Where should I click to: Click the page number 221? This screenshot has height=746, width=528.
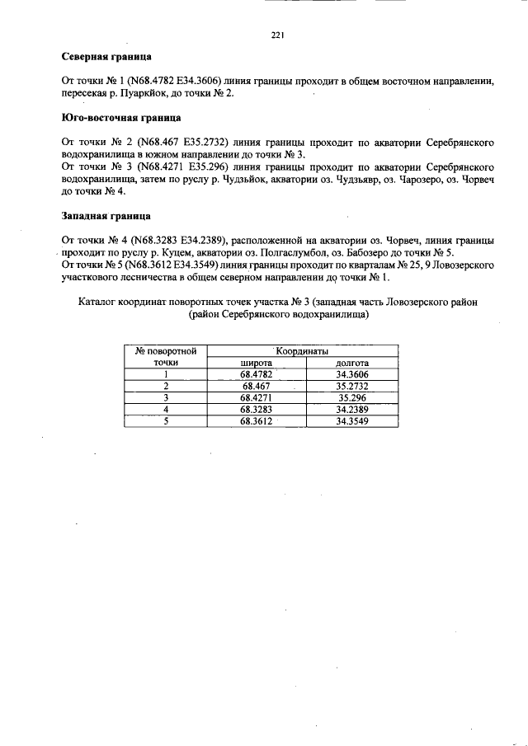(x=278, y=35)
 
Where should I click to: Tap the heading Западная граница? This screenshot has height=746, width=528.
(x=106, y=216)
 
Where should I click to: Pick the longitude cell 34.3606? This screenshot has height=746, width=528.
(x=351, y=373)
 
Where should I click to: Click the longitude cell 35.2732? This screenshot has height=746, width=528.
(x=351, y=385)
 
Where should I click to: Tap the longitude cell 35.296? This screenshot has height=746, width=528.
(x=351, y=396)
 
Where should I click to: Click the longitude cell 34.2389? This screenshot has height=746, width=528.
(x=351, y=408)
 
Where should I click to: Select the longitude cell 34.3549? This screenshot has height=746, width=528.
(x=351, y=420)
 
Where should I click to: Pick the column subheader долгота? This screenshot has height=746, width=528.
(x=351, y=362)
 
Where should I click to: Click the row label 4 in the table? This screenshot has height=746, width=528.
(x=166, y=408)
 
